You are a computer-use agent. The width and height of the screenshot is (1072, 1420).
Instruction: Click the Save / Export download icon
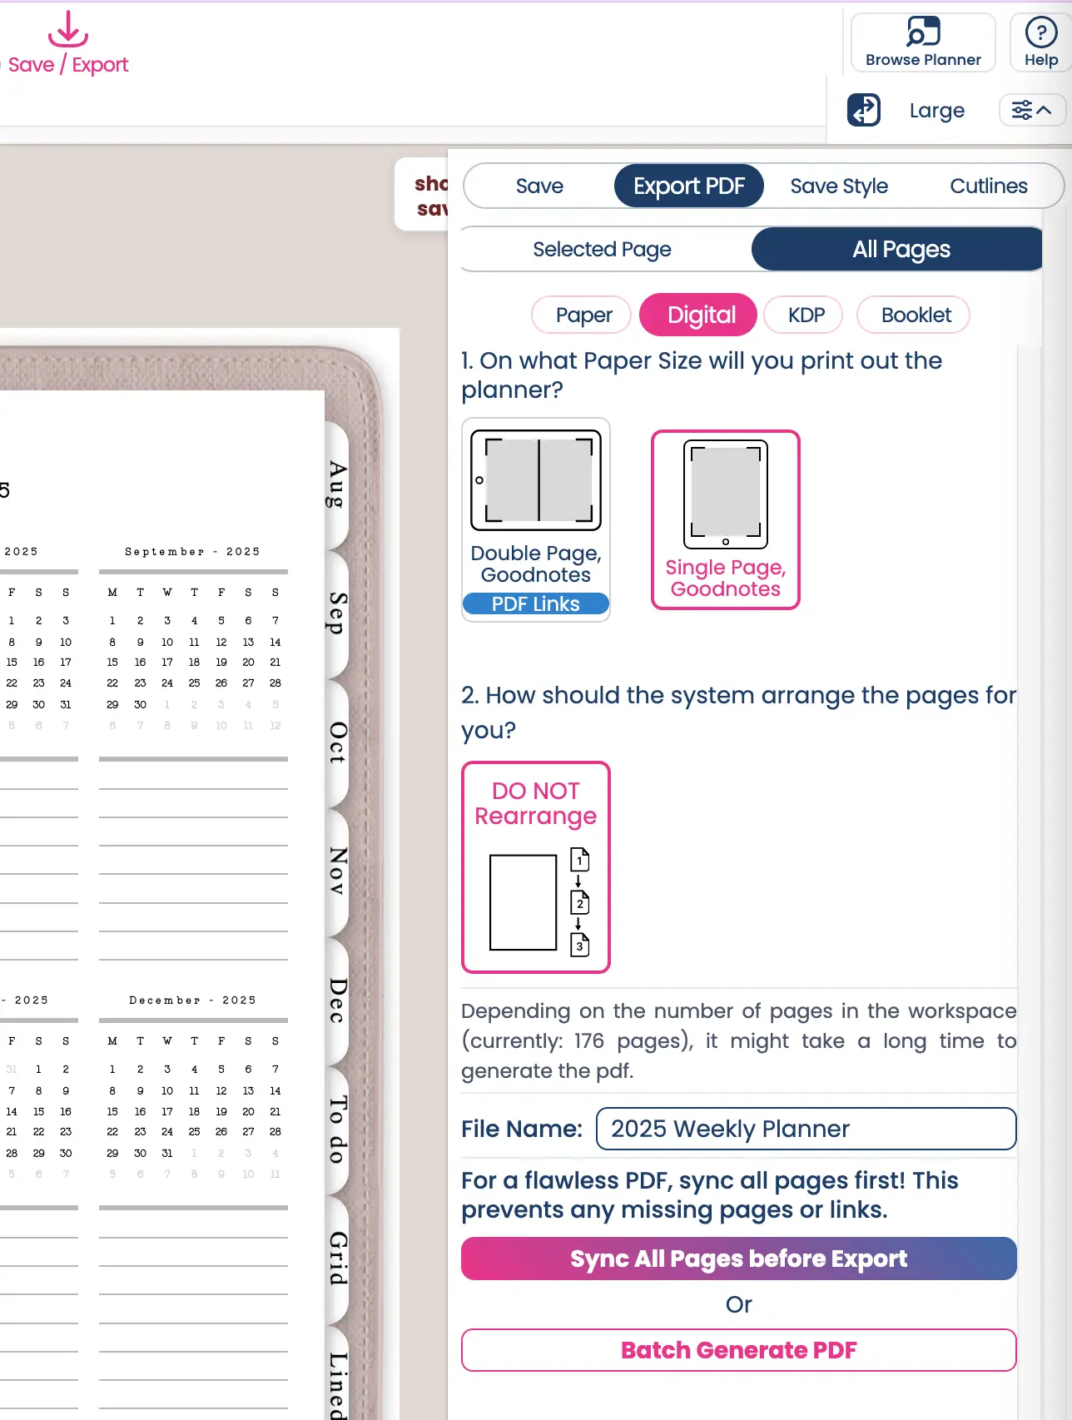click(x=67, y=30)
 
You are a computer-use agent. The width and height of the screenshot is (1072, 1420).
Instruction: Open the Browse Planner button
click(x=923, y=42)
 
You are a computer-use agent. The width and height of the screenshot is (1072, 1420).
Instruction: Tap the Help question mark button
click(x=1040, y=42)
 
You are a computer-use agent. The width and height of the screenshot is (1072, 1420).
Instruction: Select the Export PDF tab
click(x=688, y=186)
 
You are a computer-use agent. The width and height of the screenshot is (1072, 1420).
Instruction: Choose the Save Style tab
click(x=838, y=186)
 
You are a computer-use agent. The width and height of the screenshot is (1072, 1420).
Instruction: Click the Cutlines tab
click(x=988, y=186)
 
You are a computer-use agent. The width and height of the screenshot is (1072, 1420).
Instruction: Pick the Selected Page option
click(x=602, y=249)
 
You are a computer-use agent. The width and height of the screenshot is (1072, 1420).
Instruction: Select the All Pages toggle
click(x=900, y=249)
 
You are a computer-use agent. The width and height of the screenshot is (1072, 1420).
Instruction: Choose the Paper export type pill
click(x=583, y=315)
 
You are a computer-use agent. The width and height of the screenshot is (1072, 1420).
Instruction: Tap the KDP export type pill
click(x=806, y=315)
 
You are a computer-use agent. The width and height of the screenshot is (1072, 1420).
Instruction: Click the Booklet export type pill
click(x=916, y=315)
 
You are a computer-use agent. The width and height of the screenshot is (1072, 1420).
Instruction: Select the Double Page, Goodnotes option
click(x=536, y=508)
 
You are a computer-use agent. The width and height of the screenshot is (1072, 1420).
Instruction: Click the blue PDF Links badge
click(x=535, y=604)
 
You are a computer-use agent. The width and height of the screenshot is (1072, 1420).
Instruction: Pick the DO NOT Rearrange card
click(x=536, y=866)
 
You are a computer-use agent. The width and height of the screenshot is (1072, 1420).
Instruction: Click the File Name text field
click(x=806, y=1129)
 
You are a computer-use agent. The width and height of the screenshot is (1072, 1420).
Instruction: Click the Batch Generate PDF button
click(x=738, y=1350)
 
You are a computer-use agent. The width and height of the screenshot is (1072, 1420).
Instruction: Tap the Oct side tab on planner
click(x=337, y=742)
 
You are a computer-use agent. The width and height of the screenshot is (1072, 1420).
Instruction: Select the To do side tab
click(x=337, y=1130)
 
